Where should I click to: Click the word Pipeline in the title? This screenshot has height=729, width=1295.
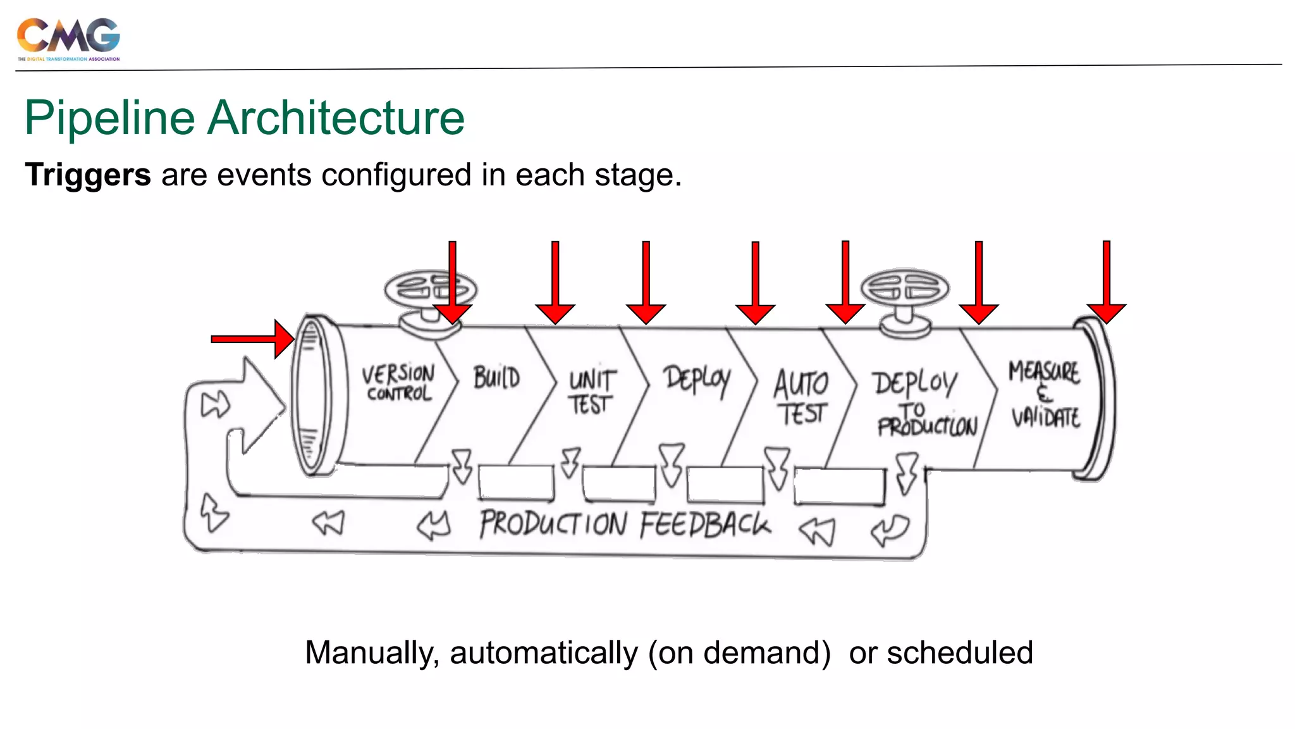[x=109, y=118]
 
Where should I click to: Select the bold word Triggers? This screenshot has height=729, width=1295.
[x=88, y=175]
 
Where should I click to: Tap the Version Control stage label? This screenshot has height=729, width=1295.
[x=398, y=383]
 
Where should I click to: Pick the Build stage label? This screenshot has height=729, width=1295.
[x=497, y=378]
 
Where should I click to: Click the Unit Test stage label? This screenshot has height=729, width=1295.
[x=591, y=392]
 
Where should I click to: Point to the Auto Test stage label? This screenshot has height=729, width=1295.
[x=801, y=397]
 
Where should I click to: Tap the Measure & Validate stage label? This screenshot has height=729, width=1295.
[x=1045, y=394]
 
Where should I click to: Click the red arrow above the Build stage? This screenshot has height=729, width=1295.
[x=555, y=285]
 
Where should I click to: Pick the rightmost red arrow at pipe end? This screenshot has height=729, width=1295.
[x=1106, y=285]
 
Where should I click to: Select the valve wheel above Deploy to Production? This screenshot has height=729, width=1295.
[x=905, y=289]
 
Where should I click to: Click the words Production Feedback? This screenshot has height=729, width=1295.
[x=625, y=525]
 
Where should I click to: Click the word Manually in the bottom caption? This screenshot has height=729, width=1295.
[x=372, y=652]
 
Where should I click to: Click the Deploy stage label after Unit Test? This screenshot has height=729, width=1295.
[x=696, y=379]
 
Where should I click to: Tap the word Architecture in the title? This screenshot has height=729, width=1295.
[x=336, y=118]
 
